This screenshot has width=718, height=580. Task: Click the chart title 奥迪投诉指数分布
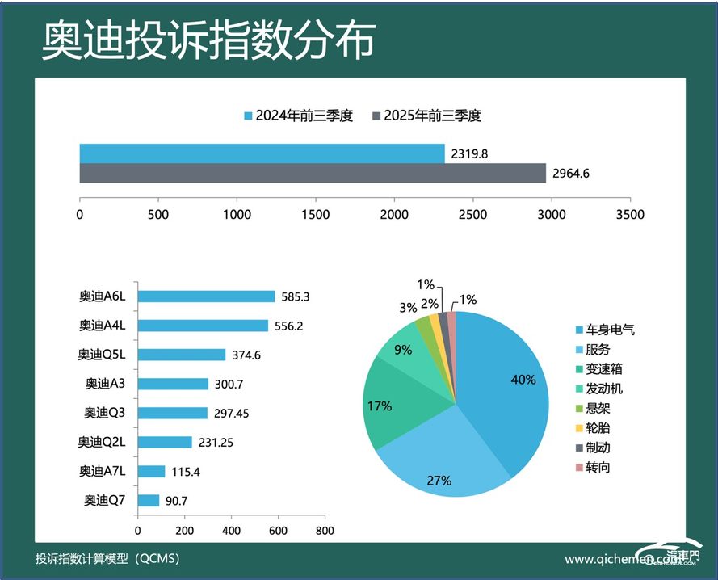point(208,39)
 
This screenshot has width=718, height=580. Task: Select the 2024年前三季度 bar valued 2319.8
point(262,153)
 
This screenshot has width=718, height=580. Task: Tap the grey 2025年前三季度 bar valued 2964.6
point(313,174)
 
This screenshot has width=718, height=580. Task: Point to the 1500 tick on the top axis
point(316,215)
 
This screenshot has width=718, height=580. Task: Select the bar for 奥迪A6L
point(206,296)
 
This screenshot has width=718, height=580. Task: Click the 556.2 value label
point(295,326)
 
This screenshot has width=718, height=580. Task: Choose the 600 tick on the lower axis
point(278,531)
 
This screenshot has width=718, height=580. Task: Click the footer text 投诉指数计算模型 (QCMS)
point(107,559)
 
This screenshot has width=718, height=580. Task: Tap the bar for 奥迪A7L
point(151,471)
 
